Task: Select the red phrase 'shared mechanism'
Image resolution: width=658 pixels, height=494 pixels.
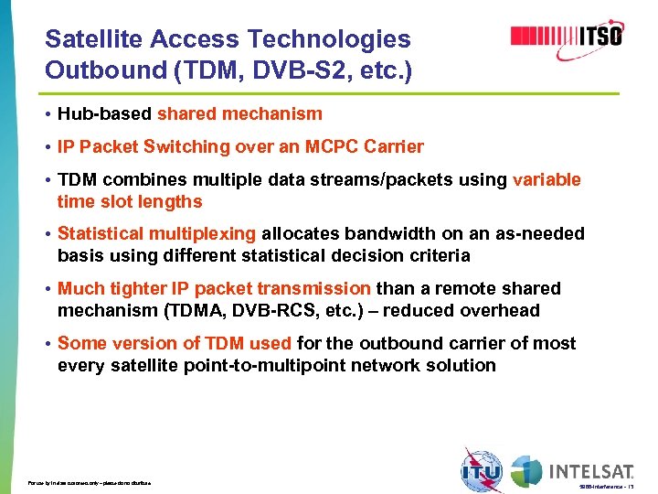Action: (239, 114)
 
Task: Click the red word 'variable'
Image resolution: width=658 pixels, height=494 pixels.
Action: (547, 179)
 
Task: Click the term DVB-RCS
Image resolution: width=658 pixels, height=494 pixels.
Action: (308, 311)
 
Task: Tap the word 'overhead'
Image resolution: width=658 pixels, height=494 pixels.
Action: (500, 311)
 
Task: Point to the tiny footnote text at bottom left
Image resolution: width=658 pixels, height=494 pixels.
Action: (89, 482)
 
